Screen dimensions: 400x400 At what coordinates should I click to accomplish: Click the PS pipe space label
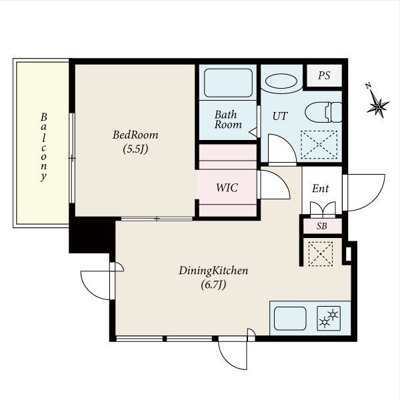pos(324,75)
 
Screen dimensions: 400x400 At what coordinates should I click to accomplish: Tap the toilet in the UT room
pos(323,112)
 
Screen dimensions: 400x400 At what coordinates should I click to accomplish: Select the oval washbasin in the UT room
pos(281,81)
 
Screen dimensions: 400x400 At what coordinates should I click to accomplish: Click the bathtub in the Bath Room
pos(228,83)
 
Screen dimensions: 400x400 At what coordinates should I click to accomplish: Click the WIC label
pos(227,188)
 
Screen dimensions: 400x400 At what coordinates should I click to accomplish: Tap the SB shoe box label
pos(322,226)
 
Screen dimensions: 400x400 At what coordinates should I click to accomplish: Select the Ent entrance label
pos(321,189)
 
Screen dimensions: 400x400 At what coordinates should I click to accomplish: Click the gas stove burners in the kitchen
pos(329,319)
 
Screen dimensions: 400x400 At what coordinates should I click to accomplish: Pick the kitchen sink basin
pos(290,319)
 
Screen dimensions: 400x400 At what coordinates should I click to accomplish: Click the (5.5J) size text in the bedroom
pos(135,149)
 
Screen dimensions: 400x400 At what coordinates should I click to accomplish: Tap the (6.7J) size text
pos(213,285)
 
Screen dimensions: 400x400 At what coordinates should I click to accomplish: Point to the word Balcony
pos(43,147)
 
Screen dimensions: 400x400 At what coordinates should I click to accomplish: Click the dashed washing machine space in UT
pos(319,145)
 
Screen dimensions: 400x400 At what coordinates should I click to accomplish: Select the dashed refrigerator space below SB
pos(321,254)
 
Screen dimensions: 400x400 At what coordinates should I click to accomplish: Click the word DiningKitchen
pos(213,271)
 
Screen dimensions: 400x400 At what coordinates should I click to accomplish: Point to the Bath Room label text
pos(228,119)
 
